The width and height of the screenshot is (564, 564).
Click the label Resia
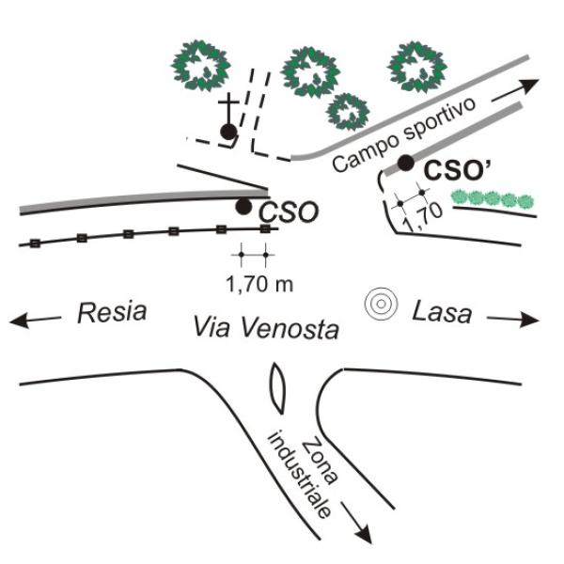pyautogui.click(x=112, y=312)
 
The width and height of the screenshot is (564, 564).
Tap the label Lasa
pyautogui.click(x=442, y=312)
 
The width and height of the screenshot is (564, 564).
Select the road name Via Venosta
pyautogui.click(x=266, y=327)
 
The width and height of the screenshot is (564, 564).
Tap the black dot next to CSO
pyautogui.click(x=243, y=206)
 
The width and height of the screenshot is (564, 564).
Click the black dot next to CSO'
pyautogui.click(x=405, y=163)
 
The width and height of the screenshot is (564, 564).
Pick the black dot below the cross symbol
pyautogui.click(x=227, y=132)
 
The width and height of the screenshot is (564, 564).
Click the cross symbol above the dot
pyautogui.click(x=227, y=104)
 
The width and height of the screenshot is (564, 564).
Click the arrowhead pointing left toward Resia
pyautogui.click(x=18, y=321)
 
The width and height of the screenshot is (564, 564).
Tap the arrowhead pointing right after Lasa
pyautogui.click(x=533, y=320)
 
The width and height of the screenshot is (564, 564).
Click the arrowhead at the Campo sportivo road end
pyautogui.click(x=530, y=84)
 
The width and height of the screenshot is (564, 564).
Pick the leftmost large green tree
pyautogui.click(x=201, y=67)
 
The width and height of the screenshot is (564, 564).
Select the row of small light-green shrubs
pyautogui.click(x=492, y=198)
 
